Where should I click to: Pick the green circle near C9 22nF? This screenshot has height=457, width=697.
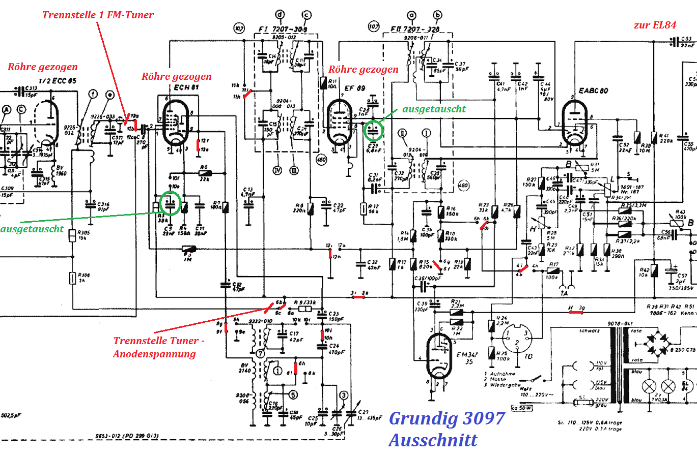170,203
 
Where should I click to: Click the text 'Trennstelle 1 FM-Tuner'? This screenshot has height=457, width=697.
98,15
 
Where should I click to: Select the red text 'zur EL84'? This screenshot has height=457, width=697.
655,25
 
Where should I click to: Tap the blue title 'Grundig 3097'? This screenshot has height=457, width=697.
447,418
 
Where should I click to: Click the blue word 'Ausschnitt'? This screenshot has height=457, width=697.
433,440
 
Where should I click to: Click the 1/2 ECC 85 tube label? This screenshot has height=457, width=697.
58,81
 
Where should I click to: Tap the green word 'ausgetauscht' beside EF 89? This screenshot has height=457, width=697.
434,109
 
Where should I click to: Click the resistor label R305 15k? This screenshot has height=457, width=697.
83,235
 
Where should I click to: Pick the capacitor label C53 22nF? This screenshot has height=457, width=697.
686,42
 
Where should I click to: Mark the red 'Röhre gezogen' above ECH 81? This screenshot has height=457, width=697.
176,77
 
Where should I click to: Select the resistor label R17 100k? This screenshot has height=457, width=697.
552,268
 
